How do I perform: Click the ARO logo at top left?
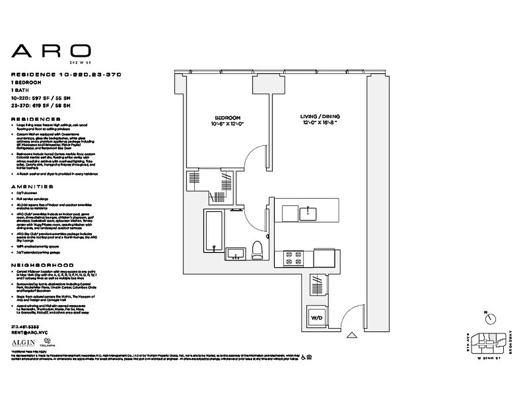pos(51,51)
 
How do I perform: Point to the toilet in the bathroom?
pos(257,249)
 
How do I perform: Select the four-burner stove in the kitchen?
pos(293,258)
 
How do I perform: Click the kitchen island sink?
pos(307,214)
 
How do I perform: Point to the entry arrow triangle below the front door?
pos(352,334)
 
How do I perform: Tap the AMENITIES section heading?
pos(32,186)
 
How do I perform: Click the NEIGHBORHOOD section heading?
pos(42,265)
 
